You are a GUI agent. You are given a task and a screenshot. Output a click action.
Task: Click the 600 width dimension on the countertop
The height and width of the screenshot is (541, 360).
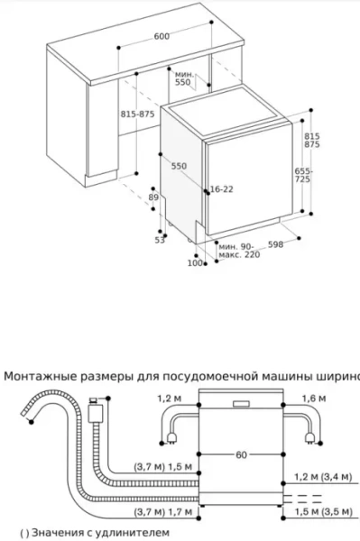[x=161, y=36]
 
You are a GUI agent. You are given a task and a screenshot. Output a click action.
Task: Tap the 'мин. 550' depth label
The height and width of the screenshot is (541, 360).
[x=185, y=77]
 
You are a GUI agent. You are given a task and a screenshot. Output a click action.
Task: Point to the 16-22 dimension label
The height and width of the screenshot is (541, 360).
[x=221, y=189]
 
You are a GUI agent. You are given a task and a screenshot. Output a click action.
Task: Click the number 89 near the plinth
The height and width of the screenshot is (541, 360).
[x=153, y=197]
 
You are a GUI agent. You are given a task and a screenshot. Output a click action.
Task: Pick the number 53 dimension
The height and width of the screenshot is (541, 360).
[x=159, y=240]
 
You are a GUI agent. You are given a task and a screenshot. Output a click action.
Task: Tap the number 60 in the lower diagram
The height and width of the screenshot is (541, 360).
[x=241, y=454]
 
